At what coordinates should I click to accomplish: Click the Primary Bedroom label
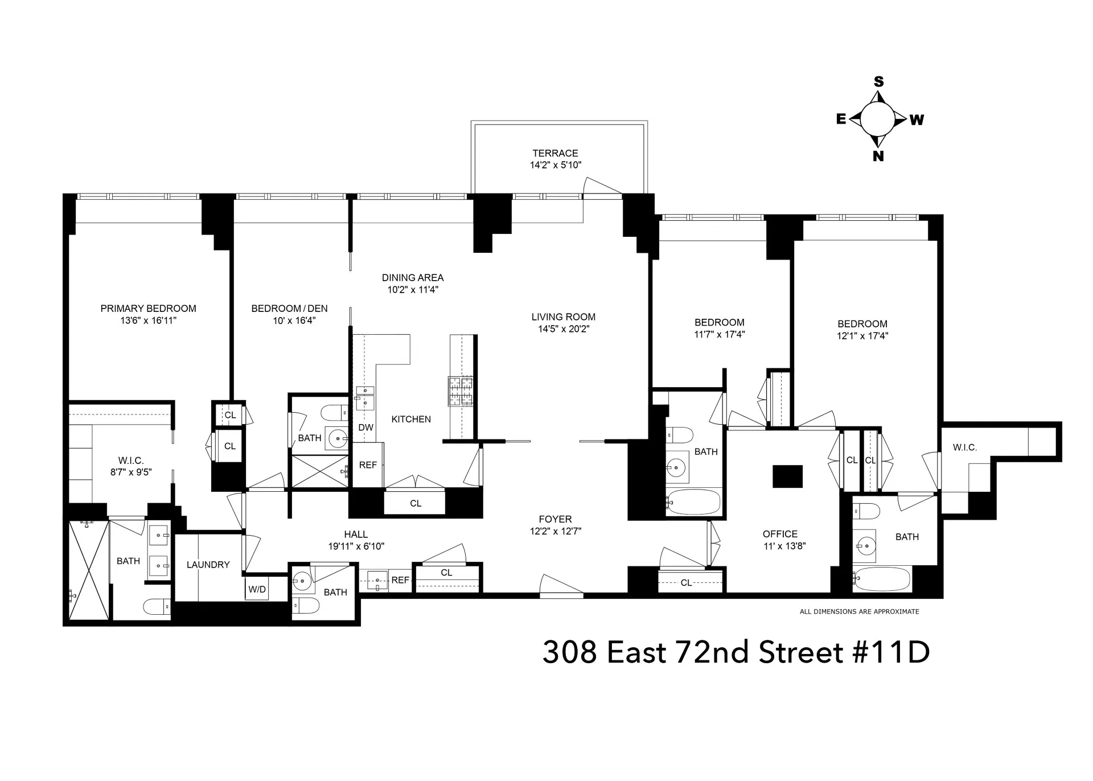pos(148,309)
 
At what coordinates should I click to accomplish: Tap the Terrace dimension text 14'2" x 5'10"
pos(555,165)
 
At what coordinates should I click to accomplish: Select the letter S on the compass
pos(879,82)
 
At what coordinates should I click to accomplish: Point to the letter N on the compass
pos(878,156)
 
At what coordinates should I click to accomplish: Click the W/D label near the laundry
pos(257,589)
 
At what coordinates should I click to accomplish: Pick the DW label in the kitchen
pos(365,428)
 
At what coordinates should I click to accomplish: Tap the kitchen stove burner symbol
pos(461,391)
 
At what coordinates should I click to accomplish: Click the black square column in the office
pos(787,476)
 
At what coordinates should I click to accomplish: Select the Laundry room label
pos(208,565)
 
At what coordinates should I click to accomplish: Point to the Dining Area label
pos(412,278)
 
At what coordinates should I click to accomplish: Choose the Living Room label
pos(563,317)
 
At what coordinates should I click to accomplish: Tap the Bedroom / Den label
pos(289,309)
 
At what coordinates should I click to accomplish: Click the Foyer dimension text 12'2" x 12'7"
pos(555,531)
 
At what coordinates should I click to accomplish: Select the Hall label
pos(356,535)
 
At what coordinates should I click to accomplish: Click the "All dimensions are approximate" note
pos(859,611)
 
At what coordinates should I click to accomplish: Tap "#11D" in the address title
pos(890,652)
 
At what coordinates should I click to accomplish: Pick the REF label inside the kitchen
pos(368,465)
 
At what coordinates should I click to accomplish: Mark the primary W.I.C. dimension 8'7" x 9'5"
pos(131,472)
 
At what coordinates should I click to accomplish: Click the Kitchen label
pos(411,420)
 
